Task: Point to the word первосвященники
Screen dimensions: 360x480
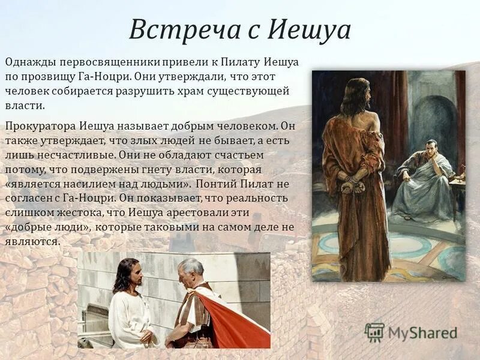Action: pyautogui.click(x=104, y=62)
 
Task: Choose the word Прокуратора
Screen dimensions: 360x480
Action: pyautogui.click(x=40, y=126)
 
